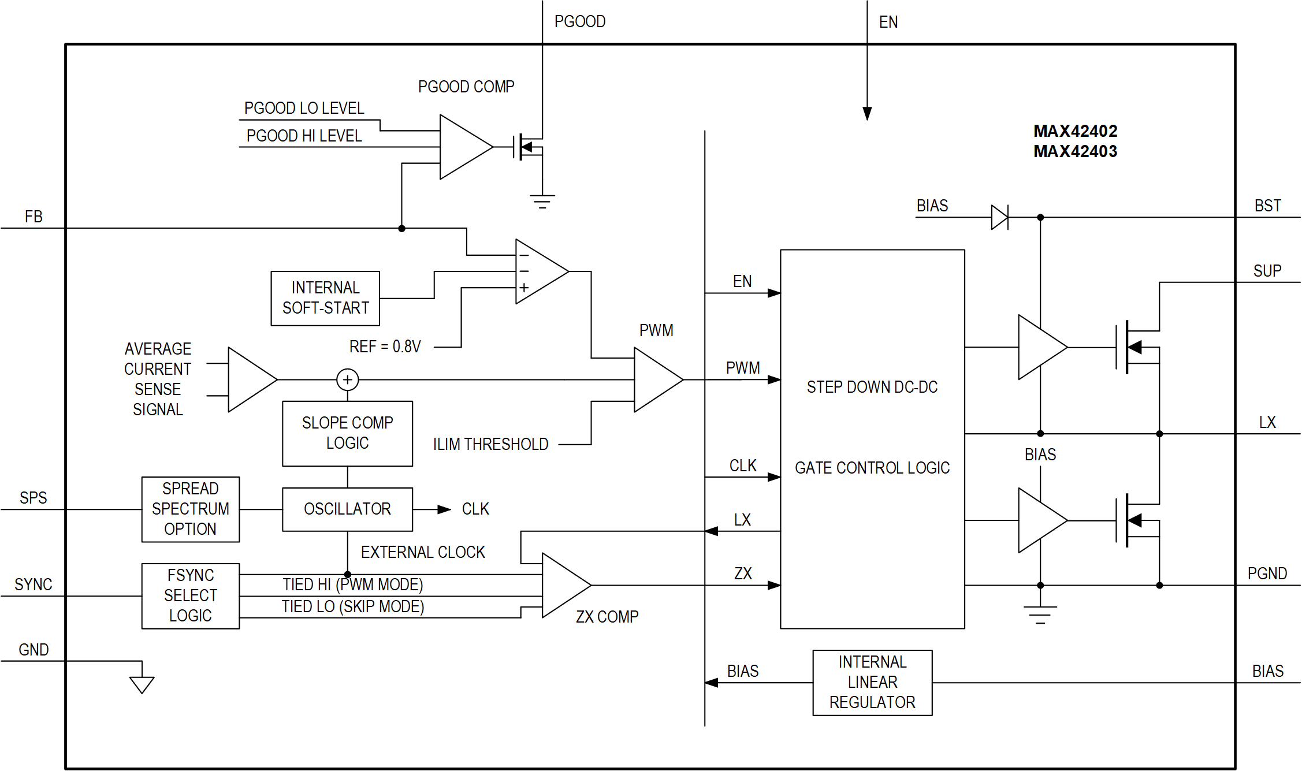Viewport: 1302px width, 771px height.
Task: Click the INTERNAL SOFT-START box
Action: click(325, 298)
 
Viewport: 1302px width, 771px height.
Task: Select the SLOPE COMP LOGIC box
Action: click(347, 433)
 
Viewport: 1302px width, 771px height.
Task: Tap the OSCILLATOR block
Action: click(347, 509)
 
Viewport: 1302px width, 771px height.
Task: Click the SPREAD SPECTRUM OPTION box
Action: click(191, 509)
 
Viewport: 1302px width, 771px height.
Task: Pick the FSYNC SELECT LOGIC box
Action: click(191, 595)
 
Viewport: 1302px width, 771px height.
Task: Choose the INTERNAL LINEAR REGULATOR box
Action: click(872, 682)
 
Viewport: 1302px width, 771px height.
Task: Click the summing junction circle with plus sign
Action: click(347, 379)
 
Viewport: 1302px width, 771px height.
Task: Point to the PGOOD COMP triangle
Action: click(462, 147)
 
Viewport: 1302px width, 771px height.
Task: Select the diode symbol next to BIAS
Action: click(1000, 217)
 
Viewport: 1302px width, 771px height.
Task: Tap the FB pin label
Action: click(34, 217)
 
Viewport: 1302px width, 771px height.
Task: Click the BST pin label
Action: click(1267, 206)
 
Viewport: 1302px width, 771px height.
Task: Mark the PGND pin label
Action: click(1267, 573)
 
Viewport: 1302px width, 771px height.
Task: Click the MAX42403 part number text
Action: click(1075, 151)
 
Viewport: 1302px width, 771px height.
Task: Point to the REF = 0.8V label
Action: click(385, 347)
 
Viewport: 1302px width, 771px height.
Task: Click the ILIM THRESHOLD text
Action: click(490, 444)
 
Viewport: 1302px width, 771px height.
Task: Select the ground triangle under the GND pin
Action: click(142, 684)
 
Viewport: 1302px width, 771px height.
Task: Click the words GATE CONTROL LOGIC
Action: click(872, 467)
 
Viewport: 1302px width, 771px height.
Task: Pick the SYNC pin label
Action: click(34, 584)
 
